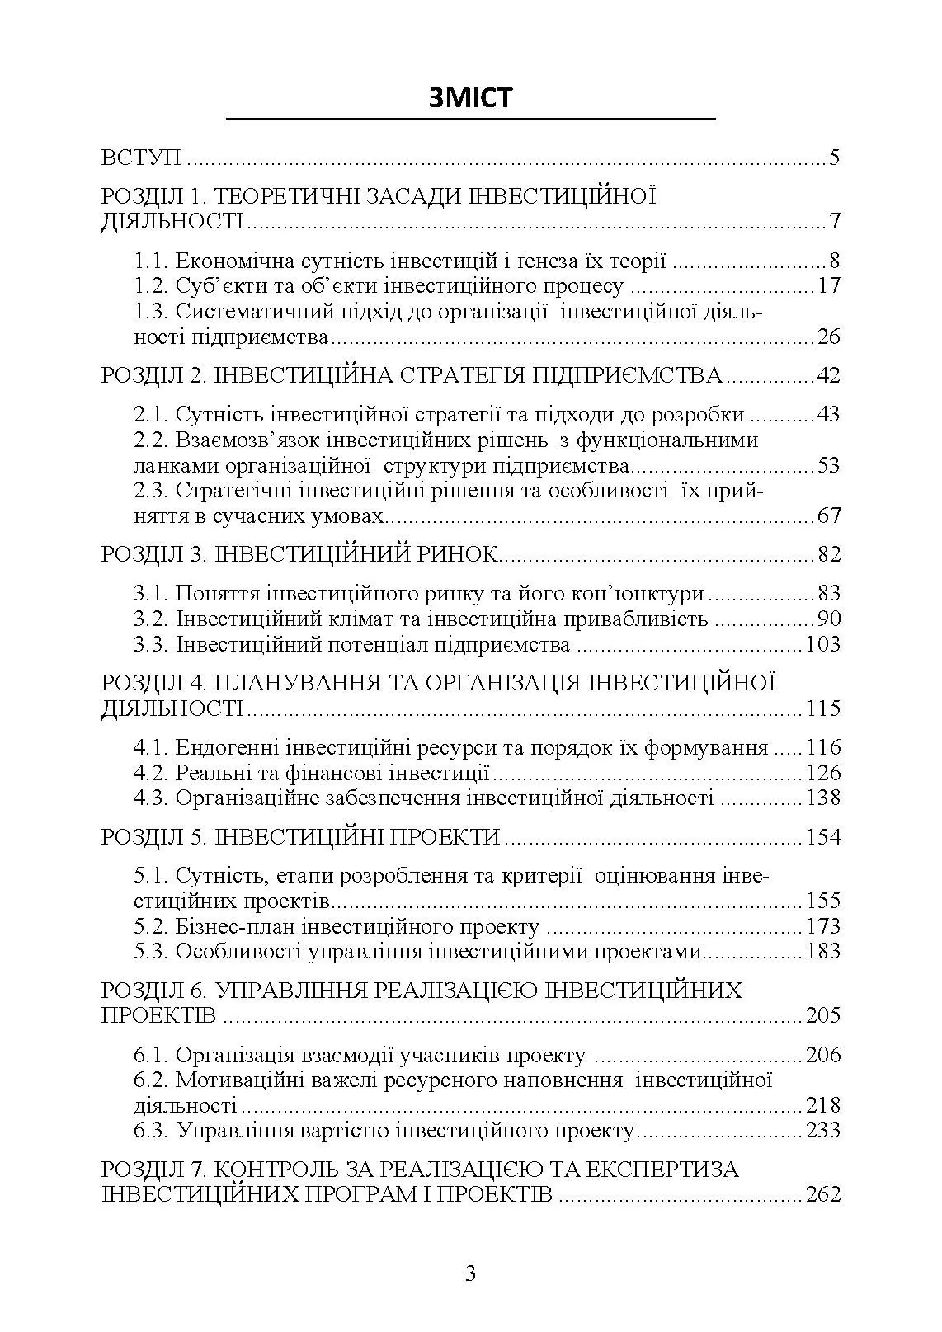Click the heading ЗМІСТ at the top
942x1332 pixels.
[470, 97]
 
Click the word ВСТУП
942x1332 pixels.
[141, 158]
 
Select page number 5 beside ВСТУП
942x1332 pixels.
[834, 158]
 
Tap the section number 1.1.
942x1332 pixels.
[151, 261]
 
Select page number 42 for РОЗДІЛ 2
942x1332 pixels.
[827, 376]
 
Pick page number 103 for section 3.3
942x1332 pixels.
[822, 644]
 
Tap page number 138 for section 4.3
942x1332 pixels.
[822, 798]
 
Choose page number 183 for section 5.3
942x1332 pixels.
[822, 951]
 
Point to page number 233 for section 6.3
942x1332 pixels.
[822, 1130]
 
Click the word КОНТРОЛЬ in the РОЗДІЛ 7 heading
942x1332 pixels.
[276, 1170]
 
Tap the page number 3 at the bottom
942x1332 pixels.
[470, 1273]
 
